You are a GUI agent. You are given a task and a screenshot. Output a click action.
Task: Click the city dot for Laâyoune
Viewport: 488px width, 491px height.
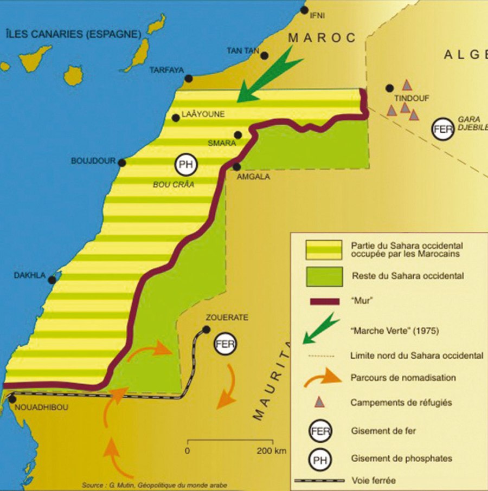tap(176, 118)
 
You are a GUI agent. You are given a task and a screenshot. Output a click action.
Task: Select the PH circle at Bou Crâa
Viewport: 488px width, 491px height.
tap(186, 164)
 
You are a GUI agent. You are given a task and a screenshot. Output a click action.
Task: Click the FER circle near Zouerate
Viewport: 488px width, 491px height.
tap(224, 344)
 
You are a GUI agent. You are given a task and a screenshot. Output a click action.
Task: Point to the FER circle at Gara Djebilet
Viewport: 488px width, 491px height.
tap(443, 130)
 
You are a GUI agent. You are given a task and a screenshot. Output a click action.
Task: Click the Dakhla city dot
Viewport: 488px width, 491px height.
tap(52, 280)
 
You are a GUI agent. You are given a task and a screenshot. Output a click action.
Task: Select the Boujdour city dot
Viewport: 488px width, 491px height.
tap(122, 163)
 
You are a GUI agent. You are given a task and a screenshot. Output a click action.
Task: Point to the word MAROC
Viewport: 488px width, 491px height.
tap(322, 38)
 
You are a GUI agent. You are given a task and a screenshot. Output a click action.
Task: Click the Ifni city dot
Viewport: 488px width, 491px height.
tap(304, 10)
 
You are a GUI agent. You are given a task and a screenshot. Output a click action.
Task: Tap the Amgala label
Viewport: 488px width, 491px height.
tap(254, 176)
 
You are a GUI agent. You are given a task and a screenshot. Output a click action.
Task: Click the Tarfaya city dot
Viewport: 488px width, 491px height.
tap(189, 79)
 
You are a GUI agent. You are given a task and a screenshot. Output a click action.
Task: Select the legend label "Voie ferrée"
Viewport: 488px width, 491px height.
tap(374, 480)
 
